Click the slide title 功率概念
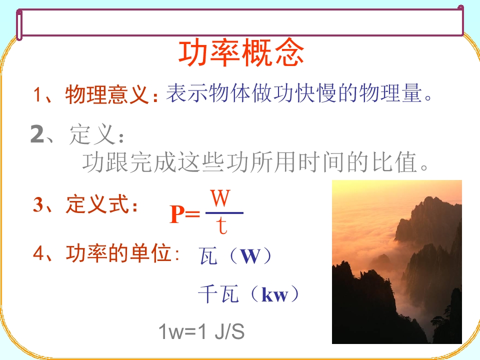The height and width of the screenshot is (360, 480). [x=241, y=53]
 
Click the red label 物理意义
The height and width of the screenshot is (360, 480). [x=107, y=95]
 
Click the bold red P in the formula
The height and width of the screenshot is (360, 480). [x=177, y=215]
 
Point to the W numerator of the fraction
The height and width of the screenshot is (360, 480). [x=220, y=199]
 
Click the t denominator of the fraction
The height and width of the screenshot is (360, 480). [x=222, y=226]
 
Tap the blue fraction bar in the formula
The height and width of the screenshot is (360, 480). [x=224, y=213]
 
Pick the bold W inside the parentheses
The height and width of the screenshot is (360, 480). [x=250, y=256]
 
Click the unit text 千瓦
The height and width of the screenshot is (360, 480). [x=218, y=294]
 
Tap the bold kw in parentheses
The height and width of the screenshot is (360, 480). [x=275, y=295]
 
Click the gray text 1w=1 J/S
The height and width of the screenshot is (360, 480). [x=201, y=331]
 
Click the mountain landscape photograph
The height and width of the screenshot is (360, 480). [x=396, y=262]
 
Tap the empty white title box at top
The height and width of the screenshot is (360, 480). [x=240, y=23]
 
